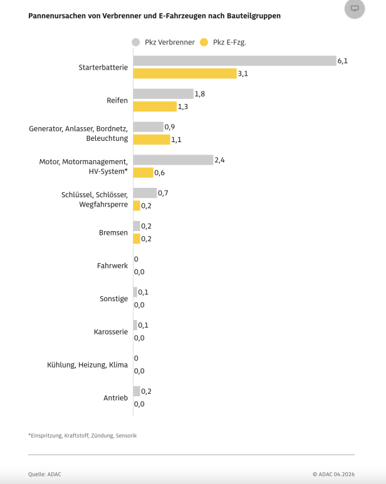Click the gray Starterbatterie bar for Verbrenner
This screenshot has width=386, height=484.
tap(234, 61)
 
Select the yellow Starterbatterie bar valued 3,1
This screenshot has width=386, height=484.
tap(185, 73)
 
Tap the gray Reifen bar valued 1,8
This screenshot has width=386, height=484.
tap(163, 94)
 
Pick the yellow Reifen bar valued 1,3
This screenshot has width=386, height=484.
tap(155, 106)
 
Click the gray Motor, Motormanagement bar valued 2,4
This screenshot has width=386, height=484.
tap(173, 160)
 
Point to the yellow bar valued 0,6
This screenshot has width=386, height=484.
tap(143, 172)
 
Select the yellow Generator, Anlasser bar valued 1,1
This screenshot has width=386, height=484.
tap(152, 139)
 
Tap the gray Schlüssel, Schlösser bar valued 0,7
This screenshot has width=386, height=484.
tap(145, 193)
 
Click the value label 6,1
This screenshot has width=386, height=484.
tap(343, 61)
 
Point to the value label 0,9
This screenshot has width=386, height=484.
tap(169, 126)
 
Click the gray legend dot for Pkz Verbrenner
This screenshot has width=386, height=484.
tap(136, 43)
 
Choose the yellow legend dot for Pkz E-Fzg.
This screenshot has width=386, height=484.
tap(204, 43)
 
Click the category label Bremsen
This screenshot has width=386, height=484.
tap(113, 232)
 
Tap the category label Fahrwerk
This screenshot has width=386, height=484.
tap(112, 265)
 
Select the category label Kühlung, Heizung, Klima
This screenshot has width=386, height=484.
tap(87, 364)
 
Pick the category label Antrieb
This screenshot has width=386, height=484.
tap(115, 398)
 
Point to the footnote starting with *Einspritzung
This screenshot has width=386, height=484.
tap(82, 435)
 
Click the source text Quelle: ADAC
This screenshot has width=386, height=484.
tap(44, 474)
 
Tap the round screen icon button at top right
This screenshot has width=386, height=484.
tap(355, 8)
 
